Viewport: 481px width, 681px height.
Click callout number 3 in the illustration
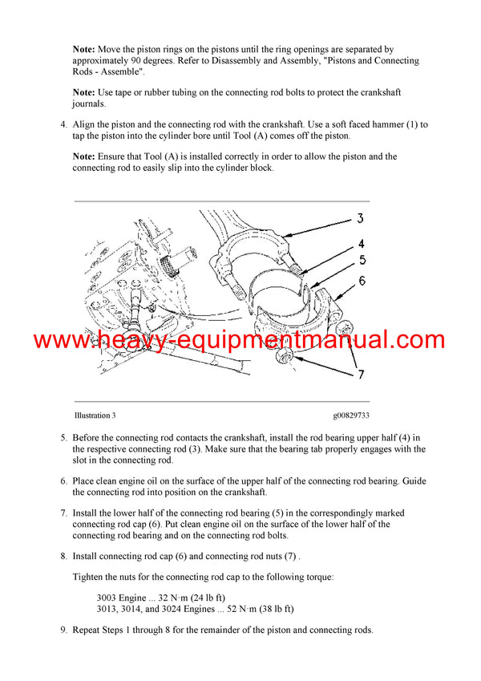361,218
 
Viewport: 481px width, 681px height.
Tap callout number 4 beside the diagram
362,244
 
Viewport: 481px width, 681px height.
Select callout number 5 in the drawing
362,260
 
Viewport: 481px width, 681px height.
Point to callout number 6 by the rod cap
362,281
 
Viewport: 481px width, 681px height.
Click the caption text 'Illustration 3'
95,415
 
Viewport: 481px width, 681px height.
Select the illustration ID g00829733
351,415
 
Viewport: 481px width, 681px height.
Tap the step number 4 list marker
63,125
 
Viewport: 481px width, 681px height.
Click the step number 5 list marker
63,437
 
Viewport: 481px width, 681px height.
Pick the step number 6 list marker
63,481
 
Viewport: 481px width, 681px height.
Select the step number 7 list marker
63,513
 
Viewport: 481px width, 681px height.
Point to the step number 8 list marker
63,555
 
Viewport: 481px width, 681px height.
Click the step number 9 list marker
63,630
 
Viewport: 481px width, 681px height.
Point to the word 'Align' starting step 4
85,125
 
